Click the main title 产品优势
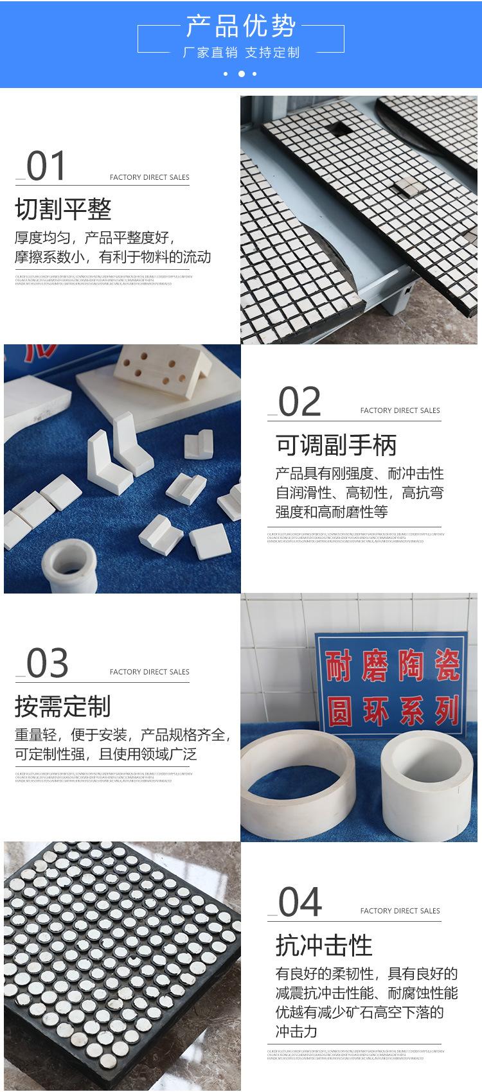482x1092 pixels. tap(241, 27)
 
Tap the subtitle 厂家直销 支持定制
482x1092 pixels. tap(241, 53)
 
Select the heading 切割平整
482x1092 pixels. tap(63, 209)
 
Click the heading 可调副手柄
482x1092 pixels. tap(336, 445)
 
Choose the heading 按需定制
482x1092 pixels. tap(63, 707)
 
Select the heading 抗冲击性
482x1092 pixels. tap(324, 946)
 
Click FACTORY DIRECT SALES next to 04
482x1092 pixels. tap(400, 911)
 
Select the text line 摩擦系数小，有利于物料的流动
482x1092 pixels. tap(112, 258)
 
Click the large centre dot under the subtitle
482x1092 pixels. tap(241, 74)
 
